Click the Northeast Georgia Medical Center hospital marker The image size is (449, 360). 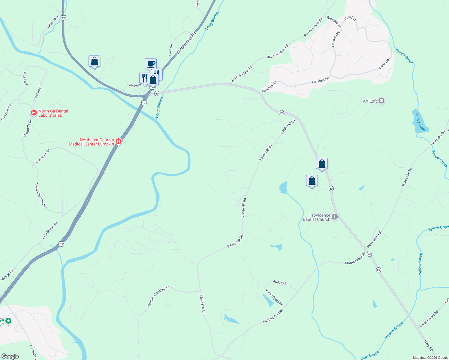119,142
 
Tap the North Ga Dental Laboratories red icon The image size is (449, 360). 34,113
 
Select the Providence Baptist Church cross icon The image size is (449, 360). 335,217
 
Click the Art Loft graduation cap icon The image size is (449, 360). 381,101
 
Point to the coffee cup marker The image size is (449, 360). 151,64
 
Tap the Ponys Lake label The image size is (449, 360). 420,122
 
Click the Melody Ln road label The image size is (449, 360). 281,283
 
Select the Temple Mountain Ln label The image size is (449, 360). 158,296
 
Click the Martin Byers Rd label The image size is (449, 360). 274,297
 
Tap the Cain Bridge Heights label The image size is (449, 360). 41,195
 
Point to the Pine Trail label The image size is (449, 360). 25,78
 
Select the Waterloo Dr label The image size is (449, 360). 334,22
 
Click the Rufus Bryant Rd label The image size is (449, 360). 429,319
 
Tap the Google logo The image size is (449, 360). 10,356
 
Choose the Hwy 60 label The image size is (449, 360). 428,345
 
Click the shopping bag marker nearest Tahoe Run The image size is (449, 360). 94,61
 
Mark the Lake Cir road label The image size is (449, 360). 170,50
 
